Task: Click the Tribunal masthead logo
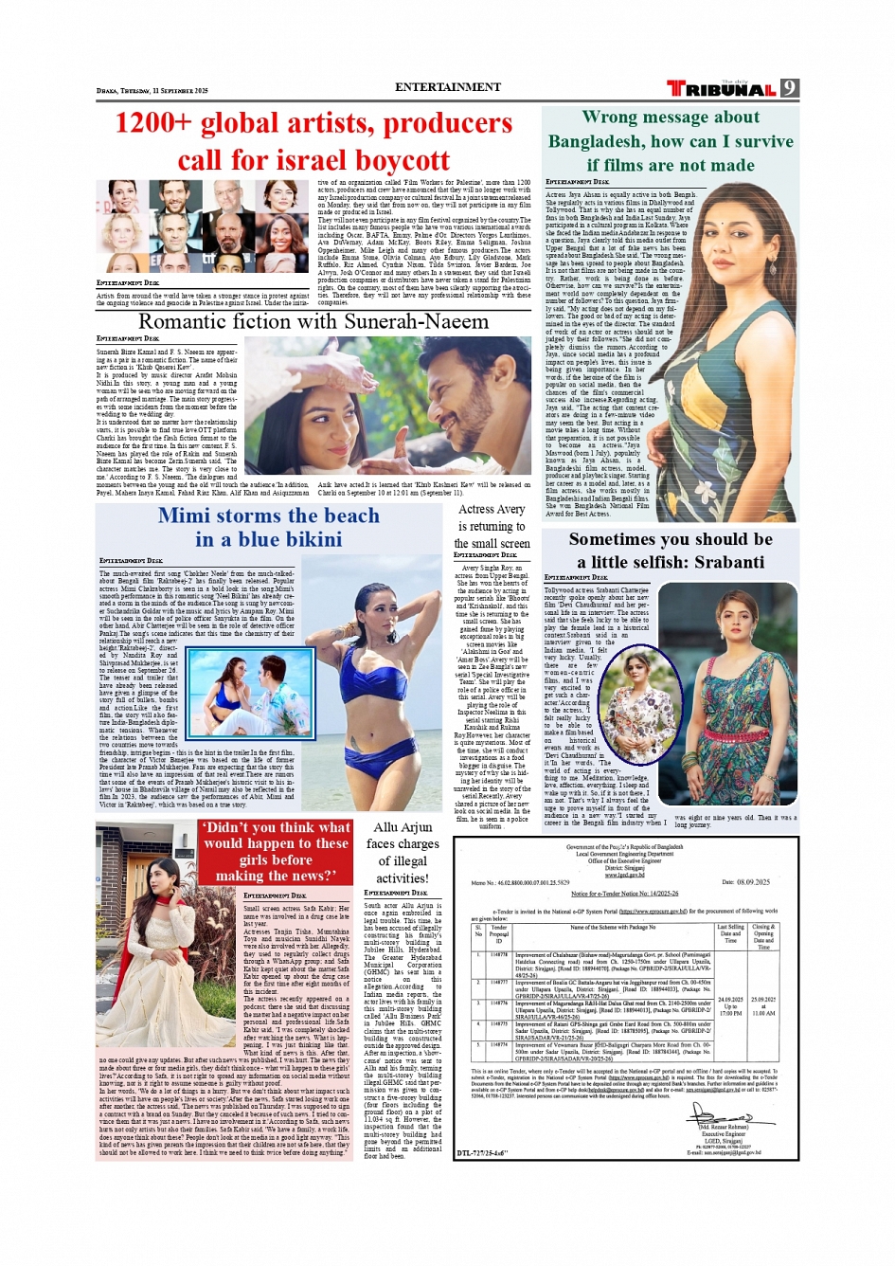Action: tap(722, 89)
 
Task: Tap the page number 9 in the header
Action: tap(790, 88)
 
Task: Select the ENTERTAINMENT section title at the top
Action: tap(448, 87)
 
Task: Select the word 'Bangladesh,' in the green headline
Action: tap(596, 141)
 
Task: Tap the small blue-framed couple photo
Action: tap(251, 694)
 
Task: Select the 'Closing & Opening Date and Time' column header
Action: tap(763, 936)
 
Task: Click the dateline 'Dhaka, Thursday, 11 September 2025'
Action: tap(152, 91)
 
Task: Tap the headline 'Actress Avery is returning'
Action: tap(492, 526)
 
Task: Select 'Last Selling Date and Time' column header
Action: tap(730, 933)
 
